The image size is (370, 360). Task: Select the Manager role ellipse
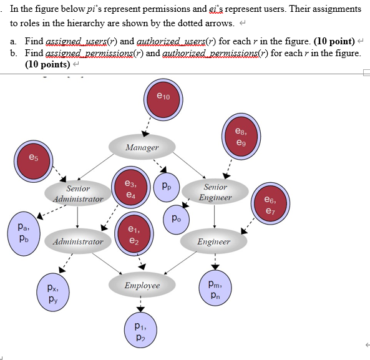click(x=142, y=147)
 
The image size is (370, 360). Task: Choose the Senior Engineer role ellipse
click(x=216, y=192)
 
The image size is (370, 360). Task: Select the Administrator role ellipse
click(x=78, y=241)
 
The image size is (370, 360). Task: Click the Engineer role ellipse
click(x=213, y=241)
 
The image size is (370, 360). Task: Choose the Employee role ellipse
click(x=142, y=285)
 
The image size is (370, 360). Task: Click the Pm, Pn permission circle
click(x=215, y=289)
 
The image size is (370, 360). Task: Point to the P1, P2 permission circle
click(x=141, y=331)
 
